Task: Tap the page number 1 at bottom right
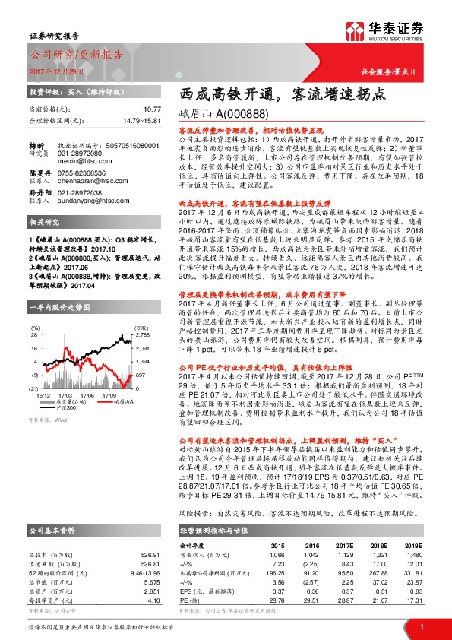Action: point(421,626)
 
